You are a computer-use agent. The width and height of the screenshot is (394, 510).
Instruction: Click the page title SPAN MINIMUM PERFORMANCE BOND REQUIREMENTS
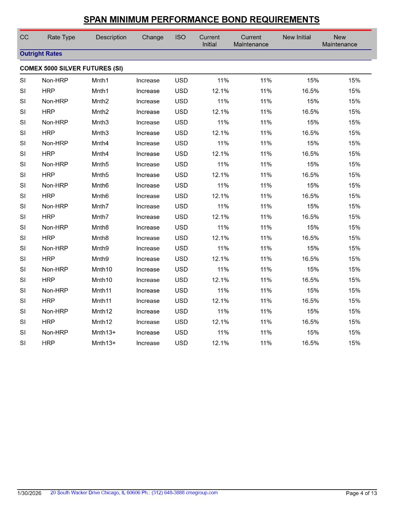point(201,20)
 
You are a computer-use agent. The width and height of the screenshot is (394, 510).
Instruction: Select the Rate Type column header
point(61,37)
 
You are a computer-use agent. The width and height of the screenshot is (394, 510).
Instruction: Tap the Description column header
point(111,37)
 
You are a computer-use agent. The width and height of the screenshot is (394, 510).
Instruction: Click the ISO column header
point(180,37)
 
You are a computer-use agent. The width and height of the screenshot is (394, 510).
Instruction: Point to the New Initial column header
point(296,37)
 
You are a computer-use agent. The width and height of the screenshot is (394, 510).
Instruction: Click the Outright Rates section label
point(41,54)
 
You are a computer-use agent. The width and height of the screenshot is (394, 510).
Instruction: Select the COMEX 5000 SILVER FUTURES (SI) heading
point(71,69)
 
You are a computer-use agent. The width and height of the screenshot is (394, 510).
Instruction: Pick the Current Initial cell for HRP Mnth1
point(220,91)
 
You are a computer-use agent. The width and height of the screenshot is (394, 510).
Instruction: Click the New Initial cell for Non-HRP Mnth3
point(312,122)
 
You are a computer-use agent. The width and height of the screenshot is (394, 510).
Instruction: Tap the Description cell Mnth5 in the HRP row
point(100,175)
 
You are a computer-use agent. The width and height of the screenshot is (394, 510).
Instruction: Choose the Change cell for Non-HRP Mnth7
point(148,206)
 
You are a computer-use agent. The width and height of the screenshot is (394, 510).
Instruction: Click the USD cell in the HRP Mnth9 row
point(181,259)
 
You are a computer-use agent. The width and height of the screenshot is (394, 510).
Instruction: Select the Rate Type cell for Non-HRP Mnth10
point(55,270)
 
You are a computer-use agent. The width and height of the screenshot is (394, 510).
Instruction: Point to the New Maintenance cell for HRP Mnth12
point(354,322)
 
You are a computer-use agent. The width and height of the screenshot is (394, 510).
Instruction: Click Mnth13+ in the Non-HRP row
point(104,332)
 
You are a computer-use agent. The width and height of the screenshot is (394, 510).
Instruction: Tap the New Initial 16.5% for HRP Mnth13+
point(310,343)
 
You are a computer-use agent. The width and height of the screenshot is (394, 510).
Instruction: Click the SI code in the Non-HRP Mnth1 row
point(23,81)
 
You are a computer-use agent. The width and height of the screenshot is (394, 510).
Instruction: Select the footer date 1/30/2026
point(29,493)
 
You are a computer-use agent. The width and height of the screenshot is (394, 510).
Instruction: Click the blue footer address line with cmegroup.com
point(134,493)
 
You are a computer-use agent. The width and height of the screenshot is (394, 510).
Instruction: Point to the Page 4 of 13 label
point(361,493)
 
